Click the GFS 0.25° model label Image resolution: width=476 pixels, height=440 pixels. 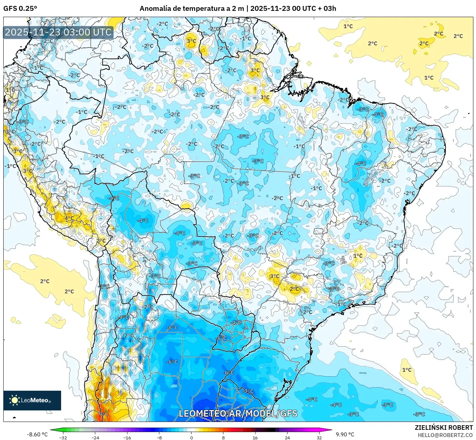[x=20, y=9]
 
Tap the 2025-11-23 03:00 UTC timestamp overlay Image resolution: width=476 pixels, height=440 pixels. [x=58, y=32]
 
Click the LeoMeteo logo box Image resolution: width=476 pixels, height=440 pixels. [x=32, y=400]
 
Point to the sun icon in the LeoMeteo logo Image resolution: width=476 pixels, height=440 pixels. [x=14, y=400]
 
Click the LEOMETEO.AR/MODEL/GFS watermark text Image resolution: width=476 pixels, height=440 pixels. [x=238, y=413]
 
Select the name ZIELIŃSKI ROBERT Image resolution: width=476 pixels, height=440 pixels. [x=443, y=428]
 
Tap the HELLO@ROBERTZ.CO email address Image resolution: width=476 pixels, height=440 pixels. [x=445, y=435]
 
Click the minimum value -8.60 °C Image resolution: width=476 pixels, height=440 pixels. [x=37, y=434]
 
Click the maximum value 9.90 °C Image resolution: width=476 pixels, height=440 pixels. [x=345, y=434]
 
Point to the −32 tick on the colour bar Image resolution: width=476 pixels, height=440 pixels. [x=63, y=437]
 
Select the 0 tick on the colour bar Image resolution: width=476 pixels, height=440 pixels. [x=192, y=437]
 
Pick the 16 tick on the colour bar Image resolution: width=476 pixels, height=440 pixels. [x=255, y=437]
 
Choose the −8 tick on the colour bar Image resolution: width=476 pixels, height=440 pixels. [x=159, y=437]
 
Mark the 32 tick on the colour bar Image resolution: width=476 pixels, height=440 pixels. [x=319, y=437]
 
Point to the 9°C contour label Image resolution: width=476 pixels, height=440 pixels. [x=103, y=414]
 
